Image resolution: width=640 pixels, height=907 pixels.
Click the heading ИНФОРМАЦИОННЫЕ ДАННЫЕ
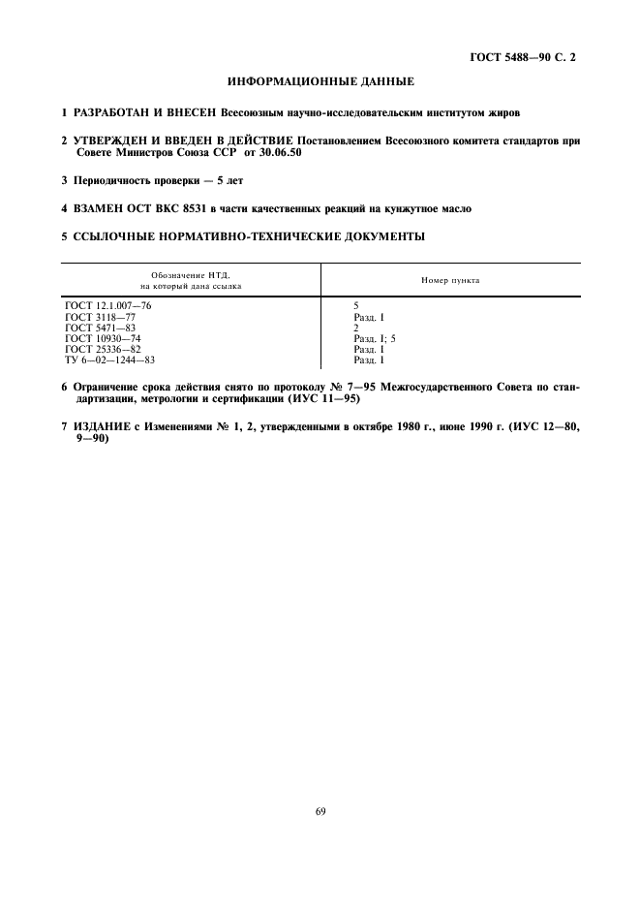point(320,81)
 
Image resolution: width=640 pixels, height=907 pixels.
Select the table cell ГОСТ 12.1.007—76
point(107,305)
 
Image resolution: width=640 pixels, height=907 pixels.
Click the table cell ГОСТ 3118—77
point(100,316)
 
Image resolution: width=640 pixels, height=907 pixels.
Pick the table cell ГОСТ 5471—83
point(100,327)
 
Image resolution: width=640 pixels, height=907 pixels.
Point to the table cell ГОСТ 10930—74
point(103,337)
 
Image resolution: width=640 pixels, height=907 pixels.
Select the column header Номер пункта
point(450,280)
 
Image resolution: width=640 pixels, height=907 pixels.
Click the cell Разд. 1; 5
point(375,337)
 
